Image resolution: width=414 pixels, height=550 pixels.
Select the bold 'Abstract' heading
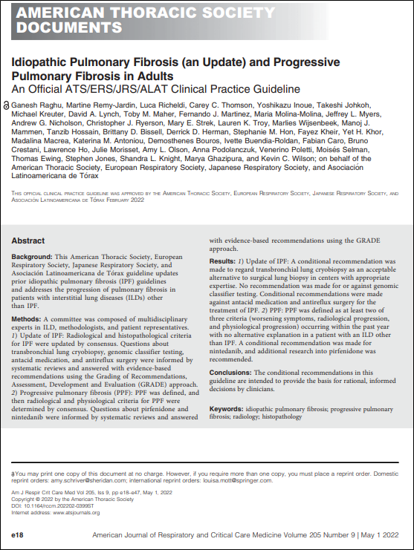tap(29, 241)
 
